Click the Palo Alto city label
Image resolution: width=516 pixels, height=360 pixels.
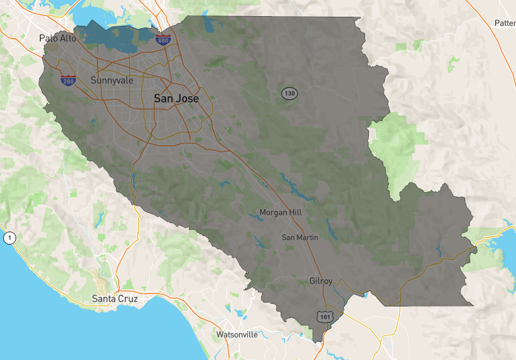(x=57, y=38)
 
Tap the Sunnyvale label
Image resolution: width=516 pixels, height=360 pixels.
(x=112, y=81)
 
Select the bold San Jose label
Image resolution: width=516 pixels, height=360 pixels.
(x=176, y=98)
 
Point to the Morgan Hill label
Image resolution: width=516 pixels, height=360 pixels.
(x=280, y=212)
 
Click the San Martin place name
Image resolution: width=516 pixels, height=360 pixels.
(x=300, y=237)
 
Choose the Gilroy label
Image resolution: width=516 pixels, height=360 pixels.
(x=321, y=281)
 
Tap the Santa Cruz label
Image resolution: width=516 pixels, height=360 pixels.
(x=115, y=299)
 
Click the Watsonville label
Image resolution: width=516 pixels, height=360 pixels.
(x=237, y=334)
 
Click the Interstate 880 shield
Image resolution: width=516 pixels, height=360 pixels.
(x=163, y=41)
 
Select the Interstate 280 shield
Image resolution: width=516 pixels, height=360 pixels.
(x=68, y=81)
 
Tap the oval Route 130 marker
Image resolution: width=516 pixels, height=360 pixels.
(x=289, y=94)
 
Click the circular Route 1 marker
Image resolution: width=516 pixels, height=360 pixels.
(x=10, y=238)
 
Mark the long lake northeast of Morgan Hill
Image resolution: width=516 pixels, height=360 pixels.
(x=292, y=186)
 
